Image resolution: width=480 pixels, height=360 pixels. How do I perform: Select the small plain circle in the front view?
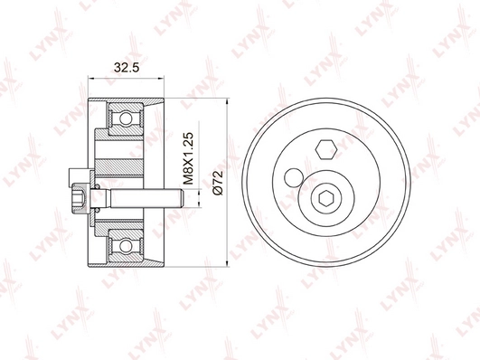[x=293, y=175]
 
